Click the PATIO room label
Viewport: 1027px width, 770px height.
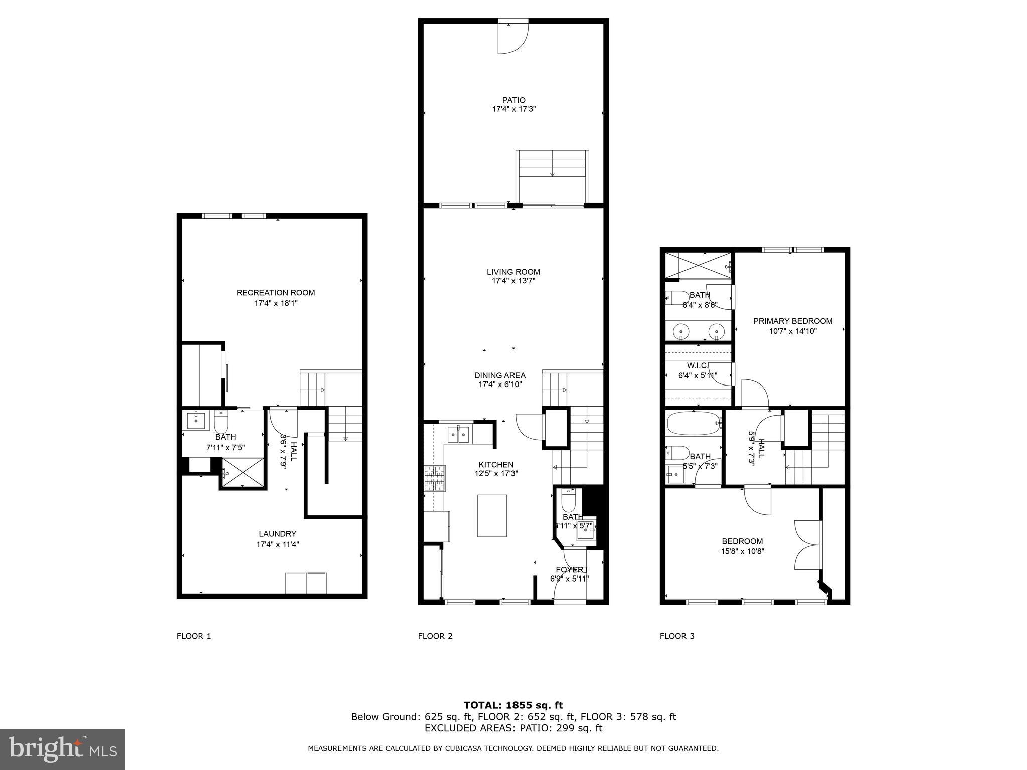click(514, 100)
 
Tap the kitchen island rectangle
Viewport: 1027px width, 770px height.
click(492, 516)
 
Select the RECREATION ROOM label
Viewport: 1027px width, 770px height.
click(276, 293)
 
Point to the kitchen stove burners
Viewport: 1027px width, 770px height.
click(435, 478)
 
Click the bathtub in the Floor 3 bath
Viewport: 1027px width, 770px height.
click(693, 424)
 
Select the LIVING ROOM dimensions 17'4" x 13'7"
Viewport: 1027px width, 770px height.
click(513, 281)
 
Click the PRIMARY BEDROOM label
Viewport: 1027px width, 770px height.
click(793, 321)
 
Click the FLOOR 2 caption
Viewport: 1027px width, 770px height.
click(435, 636)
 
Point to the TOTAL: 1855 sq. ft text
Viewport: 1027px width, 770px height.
click(513, 705)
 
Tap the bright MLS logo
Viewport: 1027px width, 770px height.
click(63, 749)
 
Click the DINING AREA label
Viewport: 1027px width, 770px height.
click(500, 375)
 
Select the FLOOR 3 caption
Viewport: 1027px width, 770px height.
click(677, 636)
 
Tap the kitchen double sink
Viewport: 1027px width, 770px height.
click(459, 434)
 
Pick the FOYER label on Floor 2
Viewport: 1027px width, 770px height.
click(570, 570)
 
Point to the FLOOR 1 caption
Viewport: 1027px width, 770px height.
click(194, 636)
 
